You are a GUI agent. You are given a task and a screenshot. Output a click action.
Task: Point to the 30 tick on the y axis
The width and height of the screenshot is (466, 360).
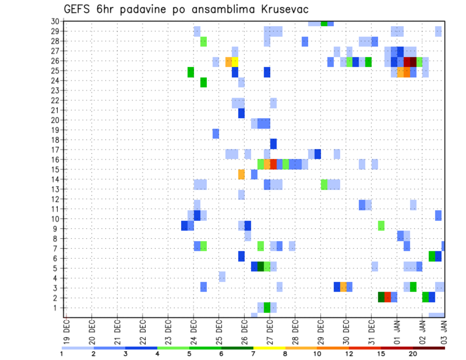(x=55, y=21)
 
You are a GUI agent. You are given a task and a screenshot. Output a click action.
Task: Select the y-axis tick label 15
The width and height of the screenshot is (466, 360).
(x=55, y=169)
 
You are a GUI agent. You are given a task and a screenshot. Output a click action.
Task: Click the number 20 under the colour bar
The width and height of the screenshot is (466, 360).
(x=413, y=354)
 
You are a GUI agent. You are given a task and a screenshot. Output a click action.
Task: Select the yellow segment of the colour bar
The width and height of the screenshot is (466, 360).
(x=269, y=348)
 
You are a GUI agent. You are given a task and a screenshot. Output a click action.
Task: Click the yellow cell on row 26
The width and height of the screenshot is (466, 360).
(x=235, y=62)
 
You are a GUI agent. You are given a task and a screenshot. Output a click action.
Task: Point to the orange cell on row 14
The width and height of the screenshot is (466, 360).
(x=241, y=174)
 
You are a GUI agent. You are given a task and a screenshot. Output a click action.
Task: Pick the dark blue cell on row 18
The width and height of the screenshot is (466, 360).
(x=273, y=144)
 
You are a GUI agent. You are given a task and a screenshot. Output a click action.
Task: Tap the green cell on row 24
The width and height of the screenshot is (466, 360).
(x=203, y=82)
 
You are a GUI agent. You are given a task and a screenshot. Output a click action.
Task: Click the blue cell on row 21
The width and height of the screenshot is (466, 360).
(x=241, y=113)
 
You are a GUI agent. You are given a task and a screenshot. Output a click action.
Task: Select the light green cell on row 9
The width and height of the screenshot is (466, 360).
(x=381, y=226)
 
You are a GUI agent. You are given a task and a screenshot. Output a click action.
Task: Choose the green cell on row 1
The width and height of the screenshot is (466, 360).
(x=266, y=307)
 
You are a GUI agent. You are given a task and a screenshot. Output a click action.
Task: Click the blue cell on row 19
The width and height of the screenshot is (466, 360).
(x=216, y=133)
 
